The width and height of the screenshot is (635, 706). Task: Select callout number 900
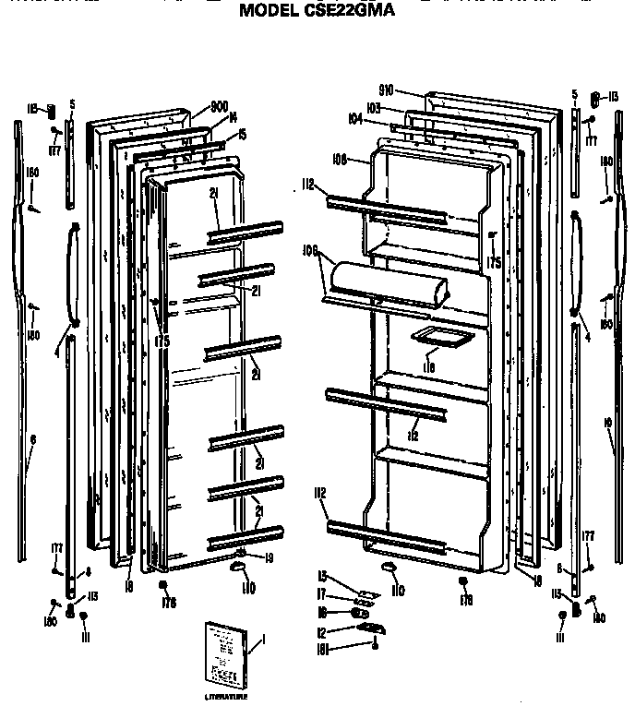pos(219,107)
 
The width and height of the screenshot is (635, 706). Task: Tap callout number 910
pos(386,90)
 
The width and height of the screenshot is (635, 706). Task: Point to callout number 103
pos(373,107)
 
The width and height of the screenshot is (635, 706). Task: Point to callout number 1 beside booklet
pos(263,640)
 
